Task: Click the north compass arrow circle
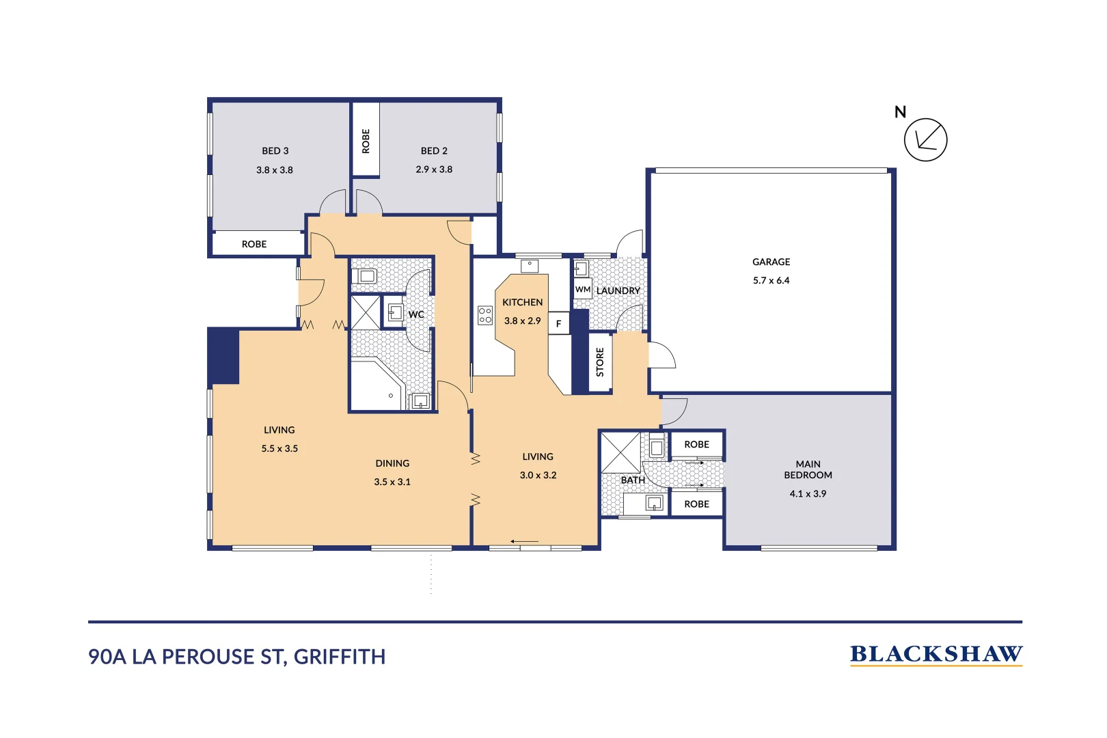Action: pyautogui.click(x=925, y=140)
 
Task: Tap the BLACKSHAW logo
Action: pyautogui.click(x=935, y=655)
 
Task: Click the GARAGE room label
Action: pyautogui.click(x=771, y=262)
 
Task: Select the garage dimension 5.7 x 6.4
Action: pyautogui.click(x=771, y=280)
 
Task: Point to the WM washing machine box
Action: pyautogui.click(x=582, y=289)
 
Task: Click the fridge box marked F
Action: pyautogui.click(x=558, y=323)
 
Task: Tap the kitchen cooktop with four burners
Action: pyautogui.click(x=485, y=315)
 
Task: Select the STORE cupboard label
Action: pyautogui.click(x=600, y=362)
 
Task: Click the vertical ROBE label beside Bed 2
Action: pyautogui.click(x=366, y=141)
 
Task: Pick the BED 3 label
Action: pyautogui.click(x=275, y=151)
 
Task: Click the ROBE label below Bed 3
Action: pyautogui.click(x=254, y=244)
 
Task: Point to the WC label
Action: pyautogui.click(x=416, y=314)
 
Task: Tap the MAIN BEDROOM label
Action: pyautogui.click(x=808, y=469)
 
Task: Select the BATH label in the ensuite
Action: pyautogui.click(x=633, y=480)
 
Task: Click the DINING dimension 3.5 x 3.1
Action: pyautogui.click(x=392, y=482)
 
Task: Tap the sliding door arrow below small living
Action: pyautogui.click(x=524, y=542)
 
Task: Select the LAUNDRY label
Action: pyautogui.click(x=618, y=290)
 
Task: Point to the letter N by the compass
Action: pyautogui.click(x=900, y=112)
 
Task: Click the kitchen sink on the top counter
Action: pyautogui.click(x=530, y=265)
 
